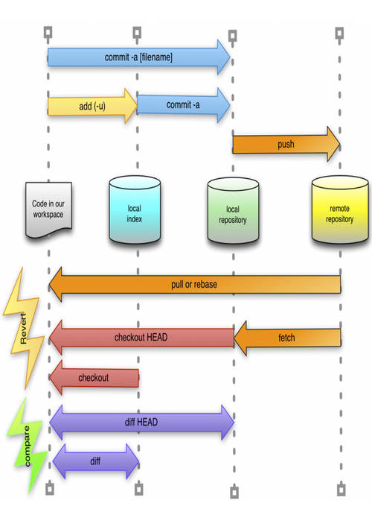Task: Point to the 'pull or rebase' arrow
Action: (194, 284)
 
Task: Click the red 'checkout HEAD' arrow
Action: (141, 338)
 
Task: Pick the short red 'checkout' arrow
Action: (94, 378)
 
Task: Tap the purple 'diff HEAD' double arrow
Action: (141, 423)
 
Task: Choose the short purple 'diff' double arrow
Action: (95, 461)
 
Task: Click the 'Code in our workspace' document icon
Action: (48, 209)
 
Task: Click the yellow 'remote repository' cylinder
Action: (340, 210)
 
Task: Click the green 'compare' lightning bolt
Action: (26, 445)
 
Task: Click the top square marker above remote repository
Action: (340, 33)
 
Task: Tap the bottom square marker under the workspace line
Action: (49, 489)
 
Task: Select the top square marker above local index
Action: (136, 33)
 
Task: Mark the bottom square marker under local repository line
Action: (234, 492)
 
